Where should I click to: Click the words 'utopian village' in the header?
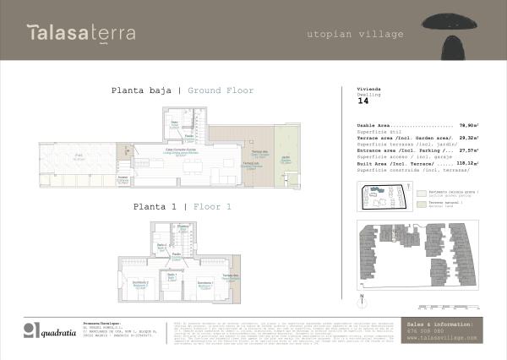pos(355,35)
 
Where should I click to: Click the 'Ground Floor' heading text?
pos(221,90)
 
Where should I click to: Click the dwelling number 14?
pos(363,101)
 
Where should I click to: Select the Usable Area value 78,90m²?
pos(468,124)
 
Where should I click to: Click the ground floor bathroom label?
pos(175,124)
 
